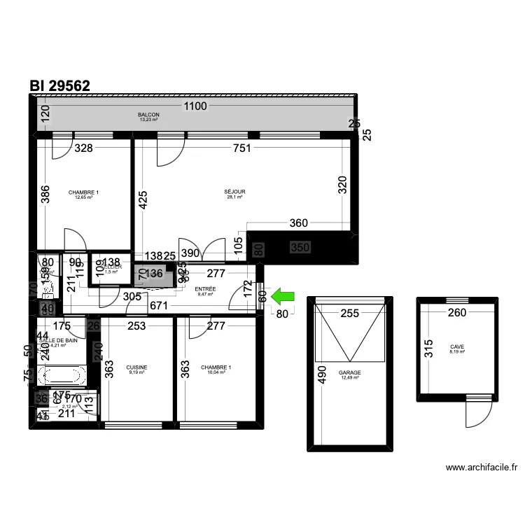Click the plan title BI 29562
59,85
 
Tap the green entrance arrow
283,297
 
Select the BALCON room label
148,115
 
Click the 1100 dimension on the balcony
196,107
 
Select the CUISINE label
136,367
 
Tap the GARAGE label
349,373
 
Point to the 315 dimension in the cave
428,349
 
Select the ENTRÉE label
205,289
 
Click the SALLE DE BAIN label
59,340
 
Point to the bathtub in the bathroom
63,376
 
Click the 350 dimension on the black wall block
300,247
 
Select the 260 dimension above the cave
457,313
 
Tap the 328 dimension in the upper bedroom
84,148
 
